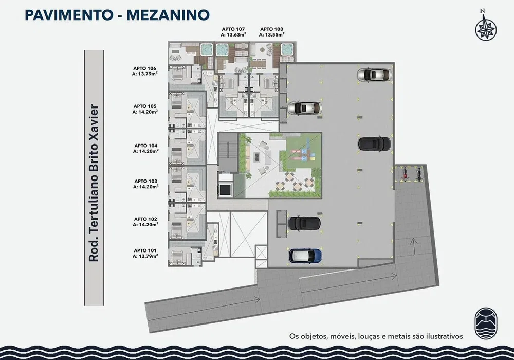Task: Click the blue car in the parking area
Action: tap(305, 256)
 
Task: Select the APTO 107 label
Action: tap(233, 31)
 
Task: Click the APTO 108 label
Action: tap(271, 31)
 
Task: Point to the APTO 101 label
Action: tap(145, 254)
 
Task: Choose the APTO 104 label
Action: tap(146, 148)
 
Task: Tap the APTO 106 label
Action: tap(144, 71)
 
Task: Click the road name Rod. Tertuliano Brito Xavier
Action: tap(94, 183)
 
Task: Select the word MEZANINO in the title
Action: tap(168, 15)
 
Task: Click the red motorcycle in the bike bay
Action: tap(406, 174)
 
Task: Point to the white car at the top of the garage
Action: tap(374, 75)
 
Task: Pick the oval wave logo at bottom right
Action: tap(486, 323)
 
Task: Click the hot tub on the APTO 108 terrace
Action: tap(288, 49)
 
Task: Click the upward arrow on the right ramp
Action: tap(414, 246)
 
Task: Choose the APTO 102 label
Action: tap(145, 222)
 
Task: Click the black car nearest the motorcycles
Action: tap(374, 143)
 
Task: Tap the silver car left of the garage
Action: tap(304, 108)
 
